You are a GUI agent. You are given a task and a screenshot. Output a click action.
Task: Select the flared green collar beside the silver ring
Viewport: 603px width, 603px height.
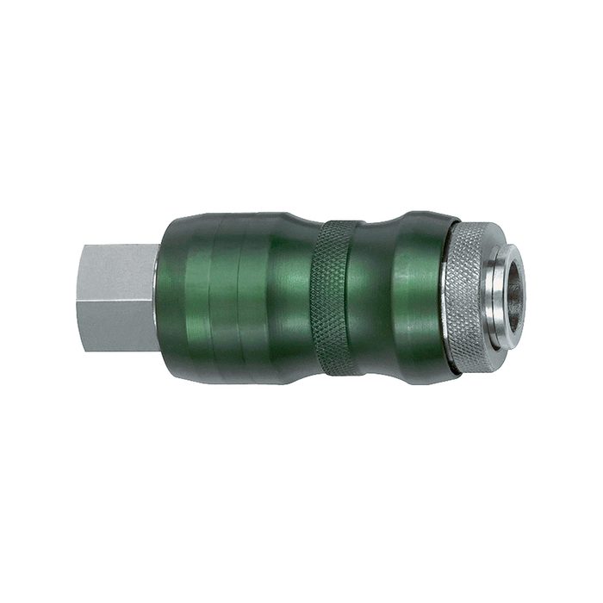click(x=422, y=298)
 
